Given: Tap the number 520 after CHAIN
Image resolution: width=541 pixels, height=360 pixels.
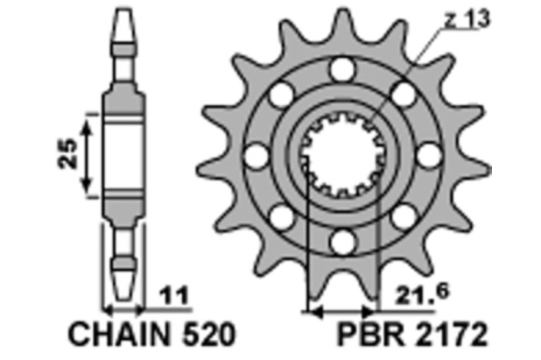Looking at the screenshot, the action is pyautogui.click(x=209, y=334).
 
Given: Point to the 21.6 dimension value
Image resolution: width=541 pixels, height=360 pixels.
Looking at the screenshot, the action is pyautogui.click(x=422, y=294).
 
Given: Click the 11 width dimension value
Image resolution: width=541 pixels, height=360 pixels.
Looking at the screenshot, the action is pyautogui.click(x=175, y=296).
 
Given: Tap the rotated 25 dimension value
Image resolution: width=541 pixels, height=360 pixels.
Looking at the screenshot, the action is pyautogui.click(x=68, y=154).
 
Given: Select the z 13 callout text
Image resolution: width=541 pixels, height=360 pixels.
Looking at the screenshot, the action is pyautogui.click(x=467, y=19).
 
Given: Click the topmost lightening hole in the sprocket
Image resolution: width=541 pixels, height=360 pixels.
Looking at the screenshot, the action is pyautogui.click(x=342, y=69).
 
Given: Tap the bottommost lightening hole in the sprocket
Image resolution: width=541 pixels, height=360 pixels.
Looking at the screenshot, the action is pyautogui.click(x=342, y=243).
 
